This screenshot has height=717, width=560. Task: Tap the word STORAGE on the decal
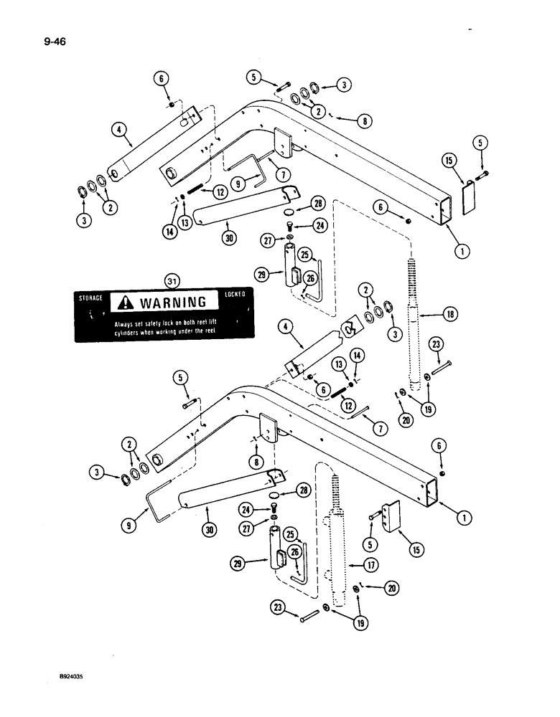click(91, 295)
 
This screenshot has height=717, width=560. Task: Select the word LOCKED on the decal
click(234, 294)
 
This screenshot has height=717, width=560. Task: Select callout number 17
click(372, 565)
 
